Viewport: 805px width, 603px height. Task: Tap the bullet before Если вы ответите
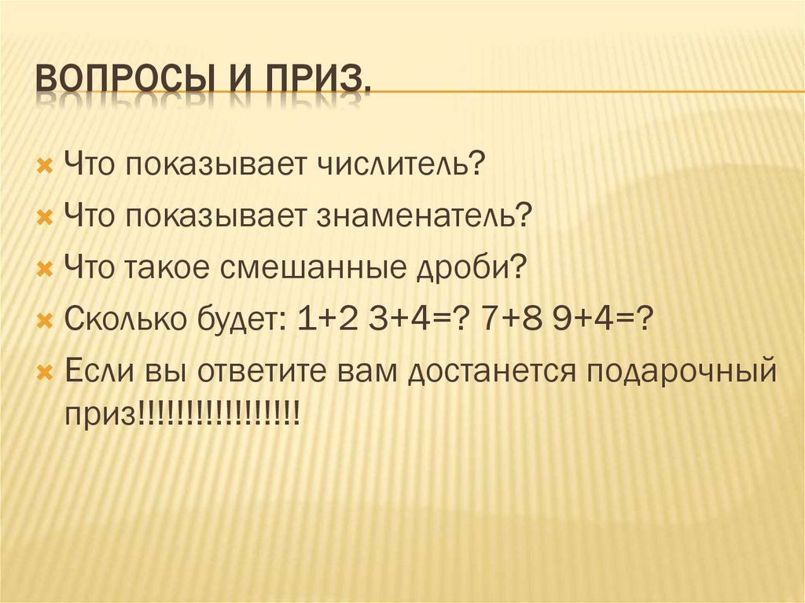[x=45, y=370]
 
